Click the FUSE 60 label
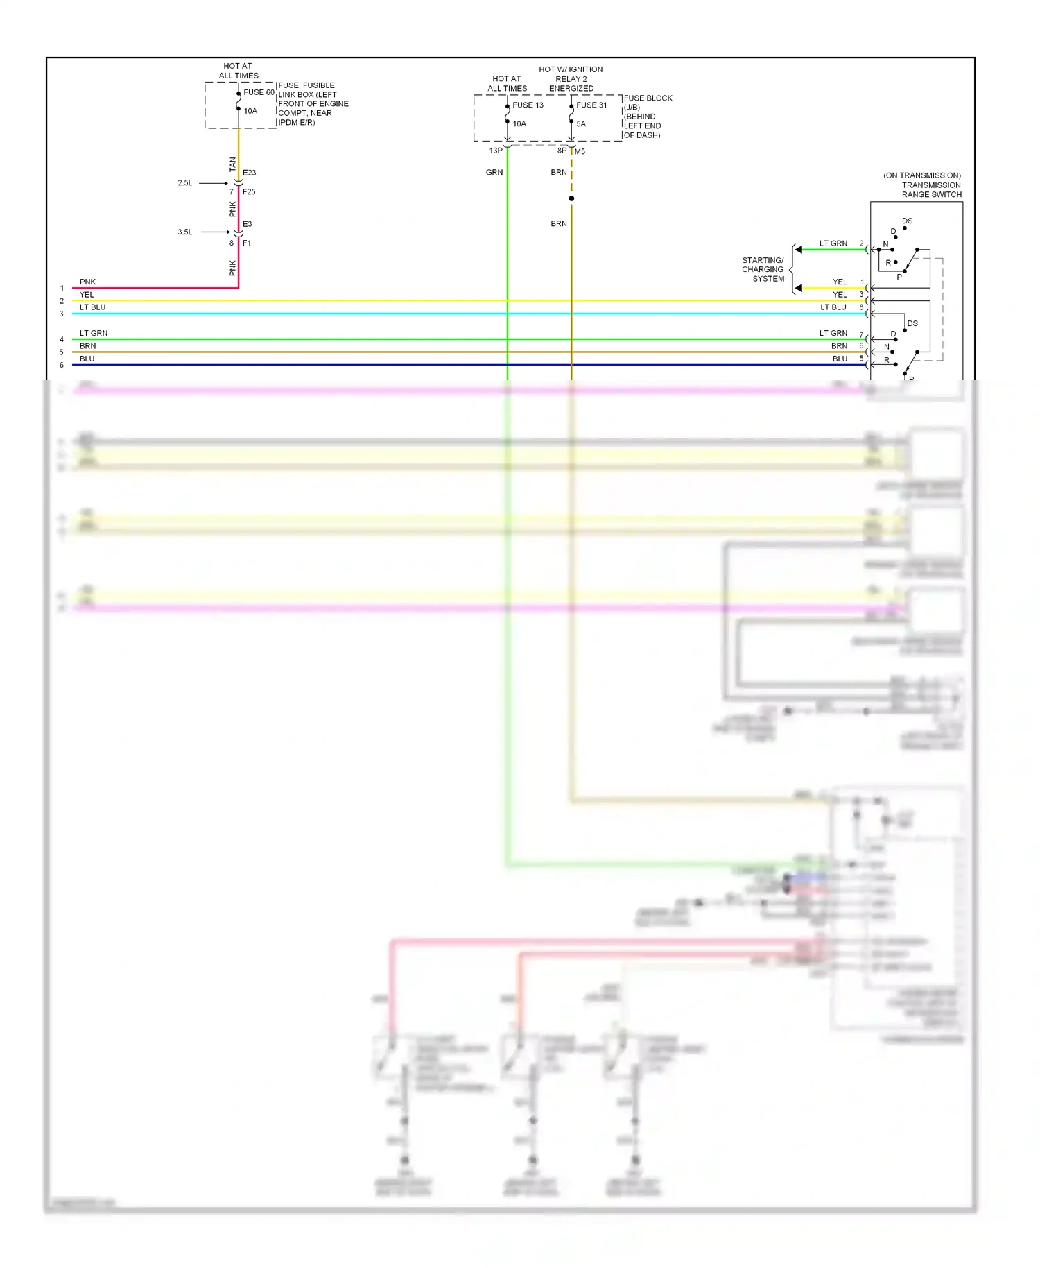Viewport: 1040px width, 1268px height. pos(259,92)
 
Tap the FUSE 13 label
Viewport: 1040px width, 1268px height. pos(528,105)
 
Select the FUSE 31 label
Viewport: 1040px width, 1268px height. pos(591,105)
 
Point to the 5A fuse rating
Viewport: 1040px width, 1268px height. pos(581,124)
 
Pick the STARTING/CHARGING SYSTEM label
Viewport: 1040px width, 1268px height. pos(763,270)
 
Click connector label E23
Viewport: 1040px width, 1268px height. pos(249,173)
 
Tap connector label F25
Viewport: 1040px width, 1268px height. pos(249,192)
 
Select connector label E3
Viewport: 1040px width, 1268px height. pos(248,224)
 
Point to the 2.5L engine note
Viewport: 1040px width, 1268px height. pos(185,183)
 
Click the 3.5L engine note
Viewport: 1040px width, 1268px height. pos(185,232)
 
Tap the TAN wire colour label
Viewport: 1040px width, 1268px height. pos(233,164)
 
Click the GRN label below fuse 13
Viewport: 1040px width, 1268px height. pos(494,173)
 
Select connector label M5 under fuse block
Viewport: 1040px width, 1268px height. pos(580,151)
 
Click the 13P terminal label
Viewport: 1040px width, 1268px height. pos(496,151)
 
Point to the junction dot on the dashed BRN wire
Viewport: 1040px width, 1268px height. pos(571,199)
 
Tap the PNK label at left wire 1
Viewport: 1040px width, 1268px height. pos(87,282)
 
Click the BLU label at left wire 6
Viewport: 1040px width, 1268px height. pos(87,359)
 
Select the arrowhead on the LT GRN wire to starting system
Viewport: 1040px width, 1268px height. pos(799,250)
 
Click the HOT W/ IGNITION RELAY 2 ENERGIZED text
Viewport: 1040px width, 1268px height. pos(571,79)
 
